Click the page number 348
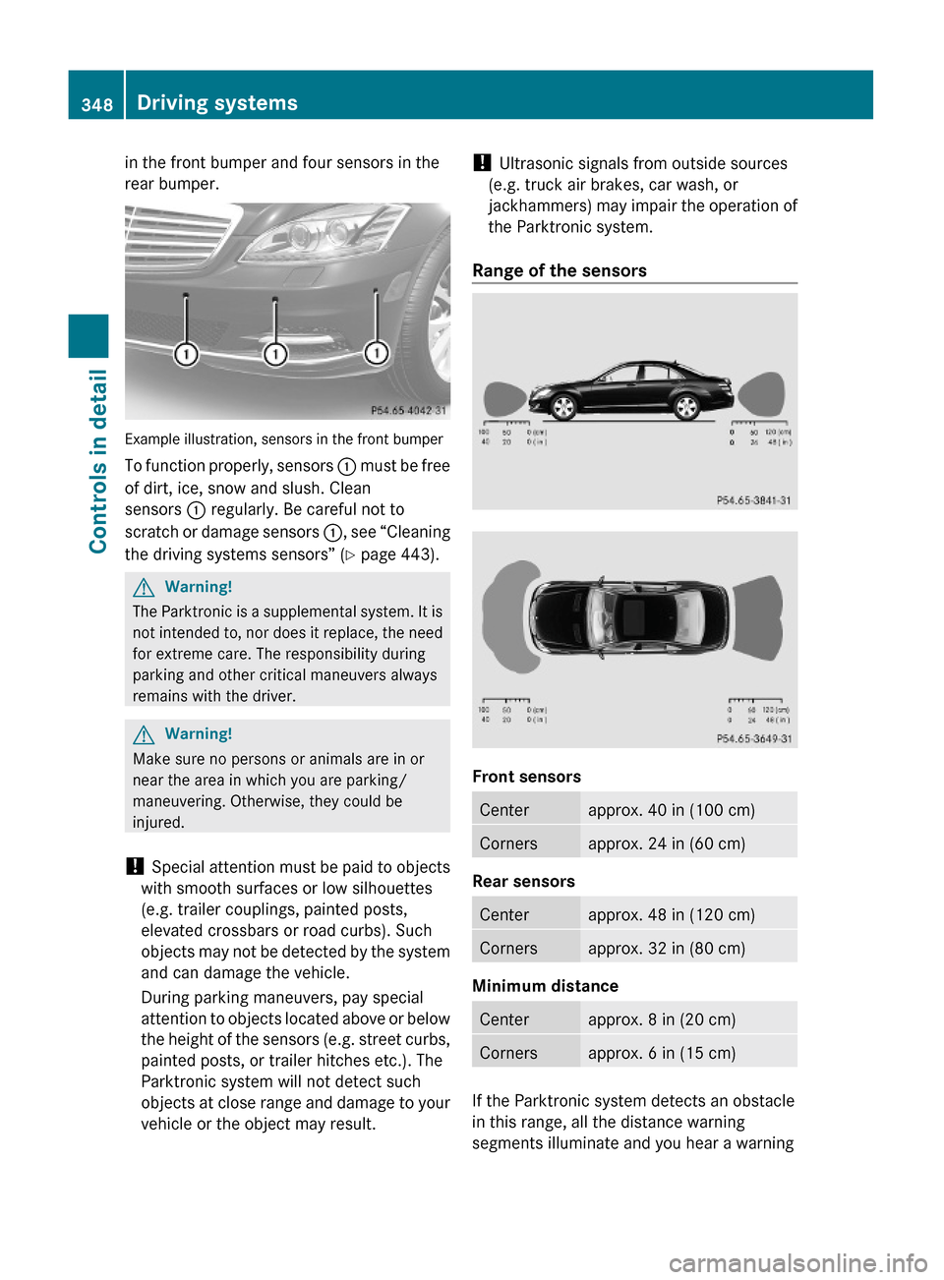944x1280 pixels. tap(96, 104)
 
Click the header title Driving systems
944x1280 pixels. tap(217, 103)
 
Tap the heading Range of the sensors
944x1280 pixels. tap(560, 270)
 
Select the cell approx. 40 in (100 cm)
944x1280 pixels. tap(672, 810)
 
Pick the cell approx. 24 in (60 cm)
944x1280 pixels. tap(667, 844)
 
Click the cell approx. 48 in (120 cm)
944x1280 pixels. tap(672, 914)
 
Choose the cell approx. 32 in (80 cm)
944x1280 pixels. tap(667, 948)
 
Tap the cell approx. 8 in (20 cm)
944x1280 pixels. tap(662, 1019)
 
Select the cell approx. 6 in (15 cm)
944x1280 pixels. tap(662, 1053)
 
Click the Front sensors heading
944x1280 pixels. tap(526, 777)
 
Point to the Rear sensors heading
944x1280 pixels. tap(523, 881)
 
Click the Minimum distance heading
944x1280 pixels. tap(545, 986)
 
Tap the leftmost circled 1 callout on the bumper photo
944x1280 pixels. tap(186, 354)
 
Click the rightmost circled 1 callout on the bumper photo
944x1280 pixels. tap(376, 353)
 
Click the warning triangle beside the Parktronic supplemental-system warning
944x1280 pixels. tap(144, 587)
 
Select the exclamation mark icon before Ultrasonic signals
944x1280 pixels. tap(481, 163)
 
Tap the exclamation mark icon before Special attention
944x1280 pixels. tap(134, 866)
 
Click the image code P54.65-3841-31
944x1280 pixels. tap(753, 500)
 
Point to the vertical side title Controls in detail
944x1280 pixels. tap(97, 460)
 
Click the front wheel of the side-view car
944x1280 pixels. tap(563, 407)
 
